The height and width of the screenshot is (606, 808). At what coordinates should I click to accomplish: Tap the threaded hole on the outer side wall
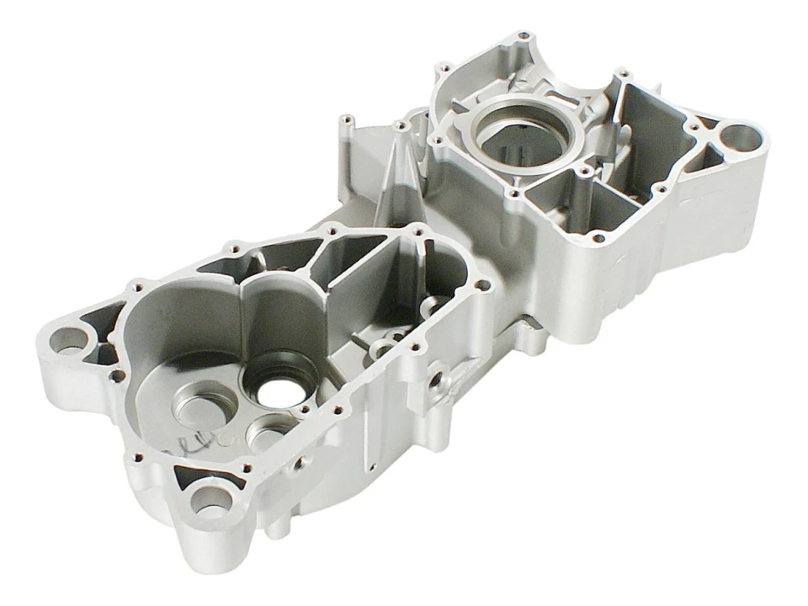point(436,380)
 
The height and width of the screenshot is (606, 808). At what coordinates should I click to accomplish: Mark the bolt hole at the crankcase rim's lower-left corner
point(137,459)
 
